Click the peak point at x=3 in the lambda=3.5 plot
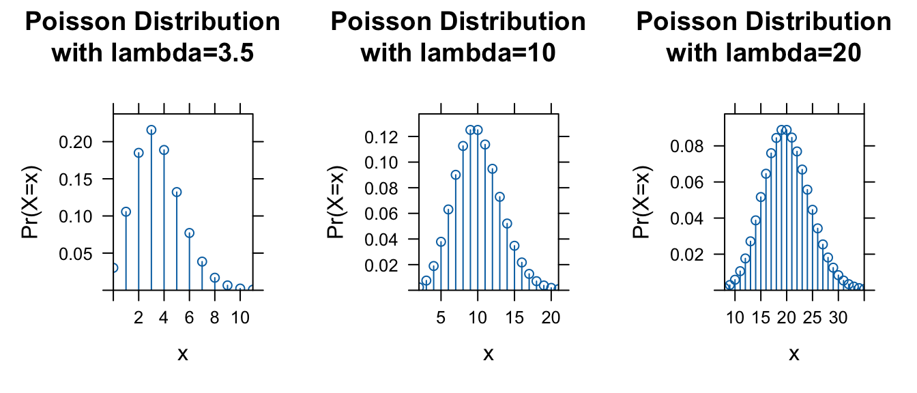(151, 130)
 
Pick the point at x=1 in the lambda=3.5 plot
(126, 212)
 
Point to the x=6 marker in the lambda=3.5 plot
(189, 233)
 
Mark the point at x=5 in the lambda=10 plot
(441, 242)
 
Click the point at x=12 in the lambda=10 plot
(492, 169)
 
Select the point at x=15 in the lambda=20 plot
(761, 197)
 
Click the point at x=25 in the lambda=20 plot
(813, 209)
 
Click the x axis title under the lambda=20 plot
(794, 354)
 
